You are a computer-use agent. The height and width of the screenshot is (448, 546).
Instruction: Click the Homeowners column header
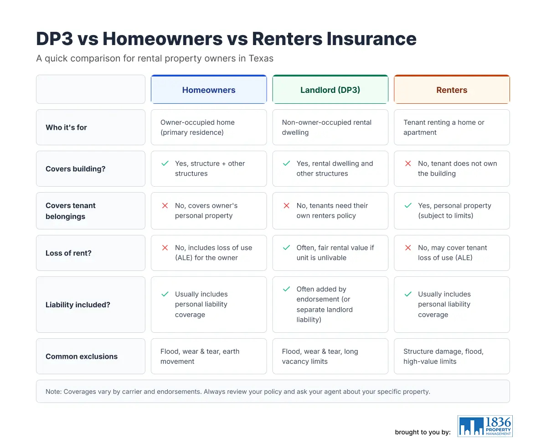[x=209, y=90]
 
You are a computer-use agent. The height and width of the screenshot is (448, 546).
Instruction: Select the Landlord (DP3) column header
[x=330, y=90]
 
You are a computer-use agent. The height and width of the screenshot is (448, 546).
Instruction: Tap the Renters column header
[x=452, y=90]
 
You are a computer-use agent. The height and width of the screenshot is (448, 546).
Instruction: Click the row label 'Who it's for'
[x=66, y=127]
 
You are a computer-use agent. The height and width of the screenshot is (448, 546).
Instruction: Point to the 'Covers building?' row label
[x=76, y=169]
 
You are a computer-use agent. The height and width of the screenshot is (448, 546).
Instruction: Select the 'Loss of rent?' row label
[x=69, y=253]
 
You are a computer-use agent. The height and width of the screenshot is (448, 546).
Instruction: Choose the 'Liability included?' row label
[x=78, y=305]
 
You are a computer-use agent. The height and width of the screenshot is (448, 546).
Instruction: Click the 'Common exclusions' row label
[x=82, y=356]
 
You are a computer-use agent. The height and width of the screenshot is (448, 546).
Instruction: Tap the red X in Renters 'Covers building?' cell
[x=408, y=163]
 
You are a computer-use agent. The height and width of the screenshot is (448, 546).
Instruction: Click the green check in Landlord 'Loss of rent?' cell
[x=287, y=248]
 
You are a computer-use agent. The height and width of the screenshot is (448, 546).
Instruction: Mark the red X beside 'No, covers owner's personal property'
[x=165, y=206]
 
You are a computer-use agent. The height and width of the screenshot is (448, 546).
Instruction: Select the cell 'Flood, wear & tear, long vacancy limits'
[x=330, y=356]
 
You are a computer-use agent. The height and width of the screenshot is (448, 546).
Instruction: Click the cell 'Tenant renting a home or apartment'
[x=452, y=127]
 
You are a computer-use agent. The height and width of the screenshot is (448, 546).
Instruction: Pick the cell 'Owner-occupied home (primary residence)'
[x=209, y=127]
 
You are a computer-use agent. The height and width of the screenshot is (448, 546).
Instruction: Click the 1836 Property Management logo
[x=485, y=426]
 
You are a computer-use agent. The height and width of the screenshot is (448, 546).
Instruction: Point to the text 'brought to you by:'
[x=423, y=432]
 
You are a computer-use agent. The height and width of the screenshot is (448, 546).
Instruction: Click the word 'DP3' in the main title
[x=55, y=39]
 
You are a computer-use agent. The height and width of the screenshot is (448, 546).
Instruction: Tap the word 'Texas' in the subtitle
[x=261, y=58]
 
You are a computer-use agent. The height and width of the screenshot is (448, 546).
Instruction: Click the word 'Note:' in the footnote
[x=54, y=392]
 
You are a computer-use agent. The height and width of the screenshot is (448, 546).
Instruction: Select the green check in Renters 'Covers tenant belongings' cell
[x=408, y=206]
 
